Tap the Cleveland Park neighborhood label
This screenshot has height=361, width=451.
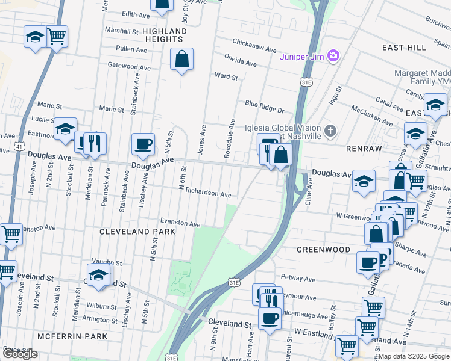click(x=137, y=232)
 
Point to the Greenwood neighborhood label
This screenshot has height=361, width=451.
click(x=323, y=249)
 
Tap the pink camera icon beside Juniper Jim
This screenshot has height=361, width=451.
click(x=333, y=57)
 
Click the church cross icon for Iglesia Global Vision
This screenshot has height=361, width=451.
click(x=330, y=131)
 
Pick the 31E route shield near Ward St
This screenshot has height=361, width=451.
click(x=306, y=82)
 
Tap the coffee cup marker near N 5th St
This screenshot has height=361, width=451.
click(x=143, y=144)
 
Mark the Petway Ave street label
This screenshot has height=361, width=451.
click(x=298, y=279)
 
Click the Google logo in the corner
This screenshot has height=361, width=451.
click(x=20, y=354)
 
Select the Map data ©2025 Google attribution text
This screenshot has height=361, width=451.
click(x=414, y=356)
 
